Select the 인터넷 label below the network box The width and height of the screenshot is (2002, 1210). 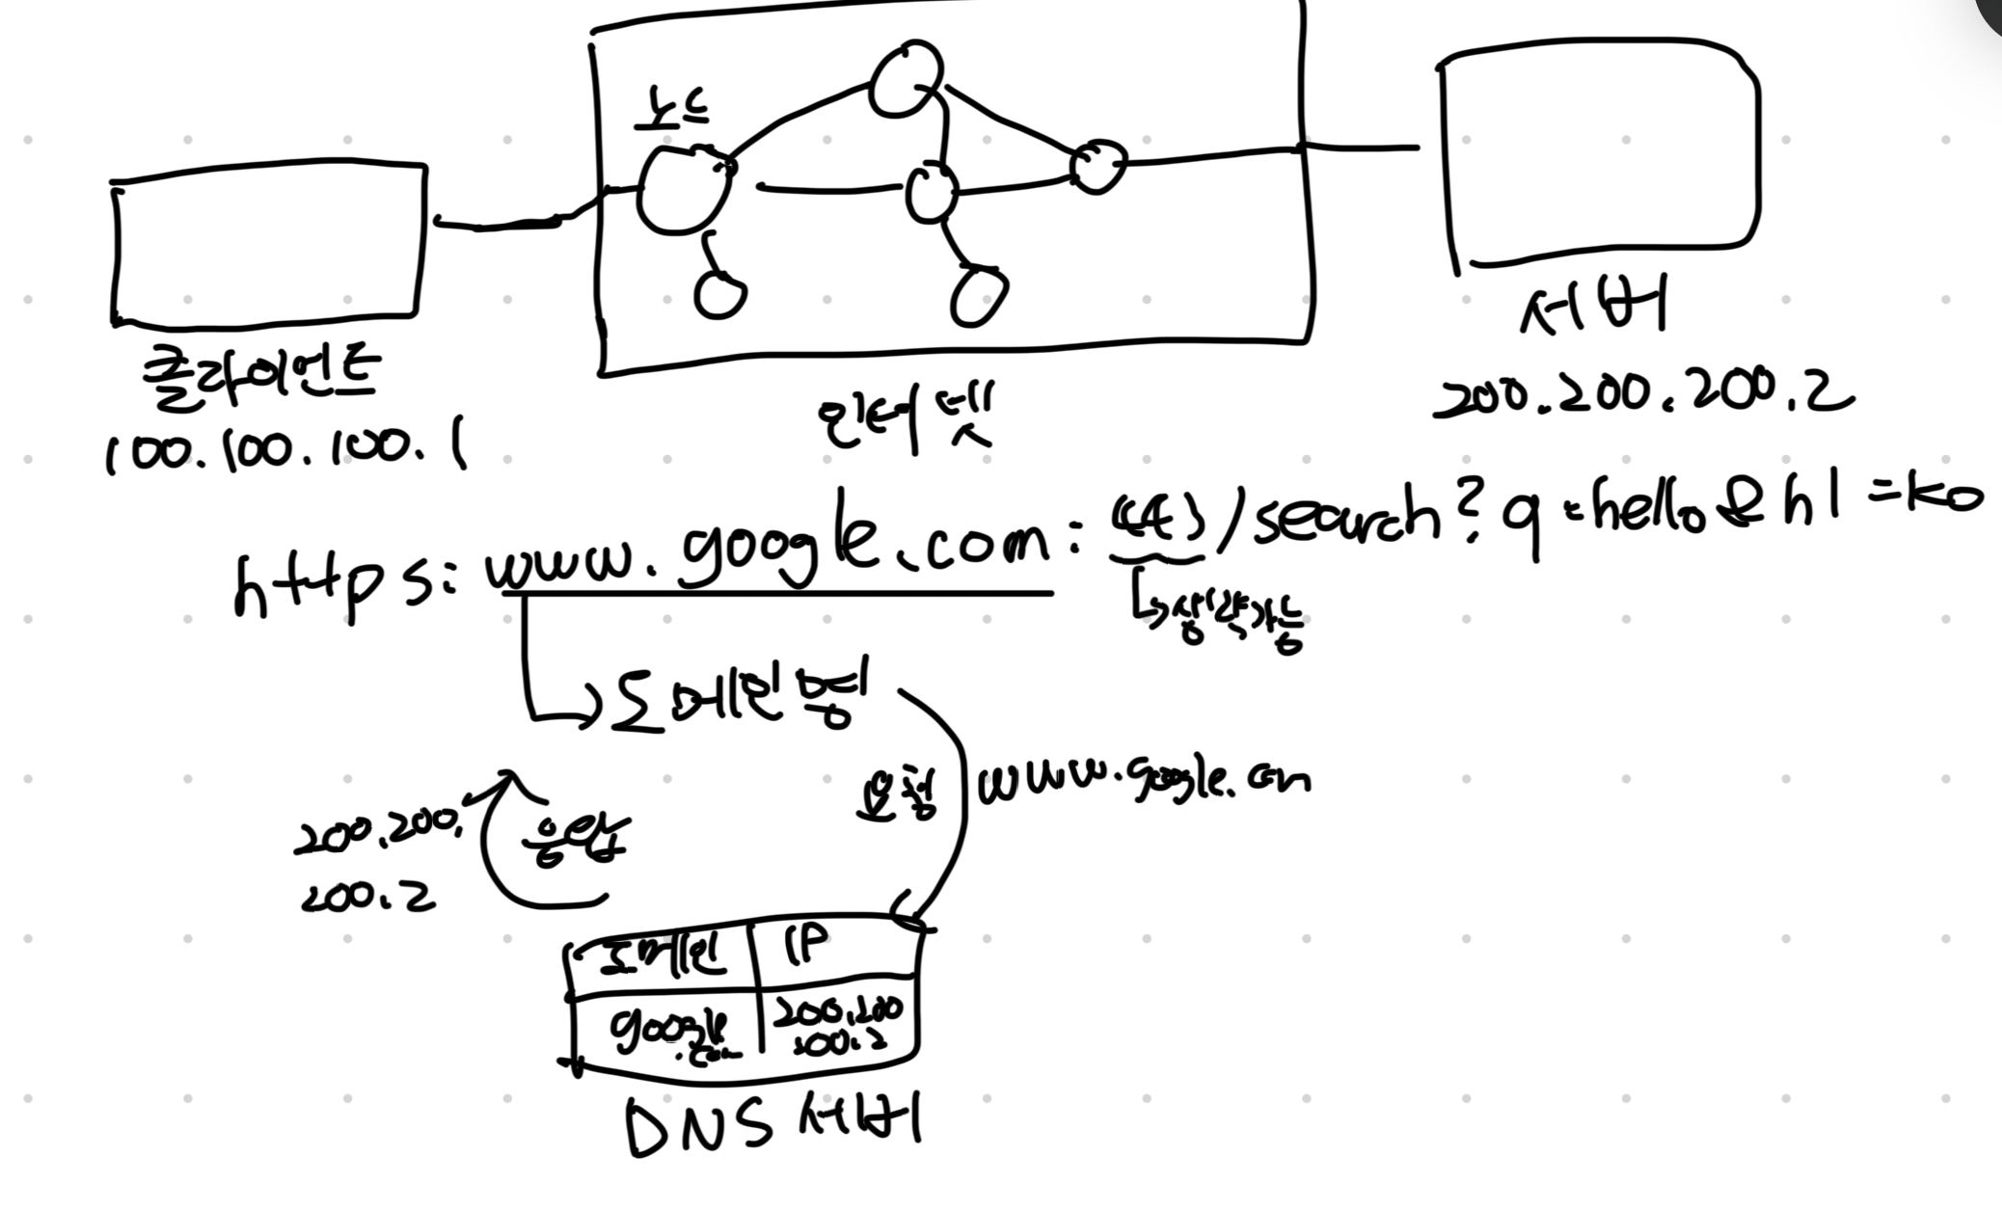[x=905, y=416]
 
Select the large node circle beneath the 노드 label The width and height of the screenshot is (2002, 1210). [x=683, y=190]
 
